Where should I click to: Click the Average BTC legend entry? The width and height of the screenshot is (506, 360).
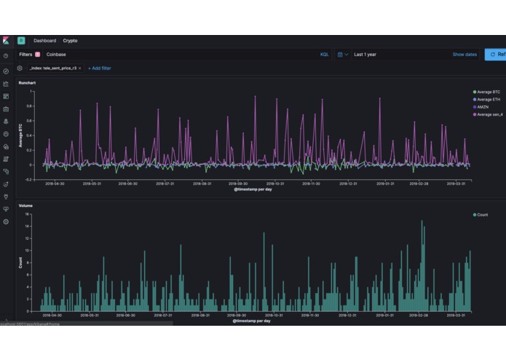tap(488, 91)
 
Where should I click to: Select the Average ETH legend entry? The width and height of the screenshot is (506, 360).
tap(488, 99)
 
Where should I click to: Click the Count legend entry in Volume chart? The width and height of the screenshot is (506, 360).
tap(482, 215)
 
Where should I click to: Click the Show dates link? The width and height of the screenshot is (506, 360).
tap(465, 55)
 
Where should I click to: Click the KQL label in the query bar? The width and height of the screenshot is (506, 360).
tap(324, 55)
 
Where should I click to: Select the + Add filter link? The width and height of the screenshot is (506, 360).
tap(100, 68)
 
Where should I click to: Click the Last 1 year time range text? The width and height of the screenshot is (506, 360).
tap(365, 55)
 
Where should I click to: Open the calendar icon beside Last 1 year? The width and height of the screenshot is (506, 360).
tap(339, 55)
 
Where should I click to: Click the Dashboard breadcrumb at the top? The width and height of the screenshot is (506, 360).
tap(45, 41)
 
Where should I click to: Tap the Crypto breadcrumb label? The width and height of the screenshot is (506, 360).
tap(71, 41)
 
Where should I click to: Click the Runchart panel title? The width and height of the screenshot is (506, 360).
tap(27, 83)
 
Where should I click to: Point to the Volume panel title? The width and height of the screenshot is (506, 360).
tap(25, 206)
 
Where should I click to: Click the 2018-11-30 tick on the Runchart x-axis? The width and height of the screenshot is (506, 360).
tap(310, 184)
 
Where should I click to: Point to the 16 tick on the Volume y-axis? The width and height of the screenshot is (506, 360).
tap(28, 214)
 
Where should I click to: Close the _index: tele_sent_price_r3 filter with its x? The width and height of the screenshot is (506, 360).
tap(79, 68)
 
